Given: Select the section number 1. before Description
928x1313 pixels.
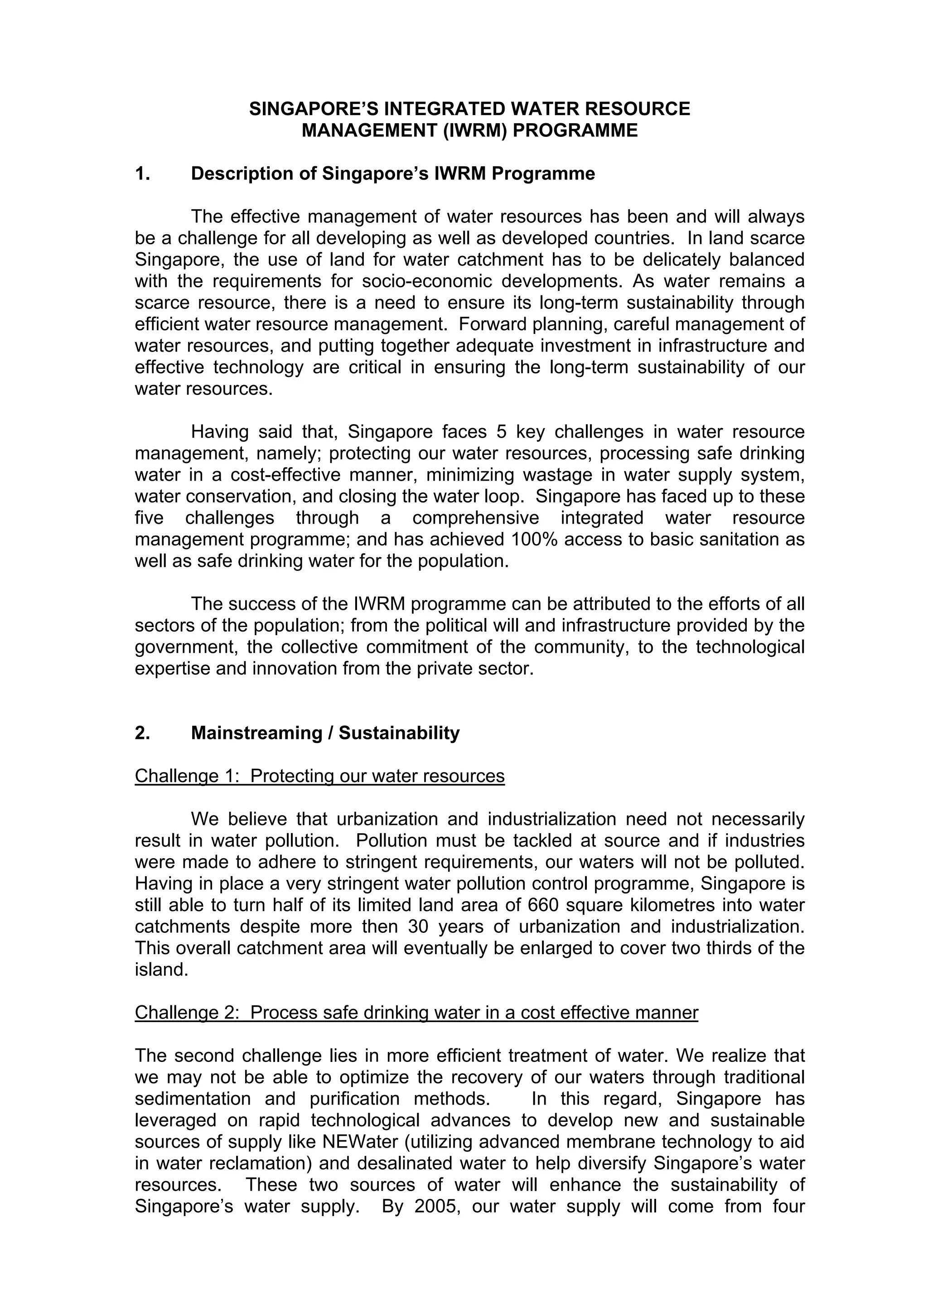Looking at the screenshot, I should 142,173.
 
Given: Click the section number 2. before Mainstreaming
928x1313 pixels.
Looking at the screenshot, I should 142,733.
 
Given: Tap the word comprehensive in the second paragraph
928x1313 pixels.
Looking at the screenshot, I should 475,518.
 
